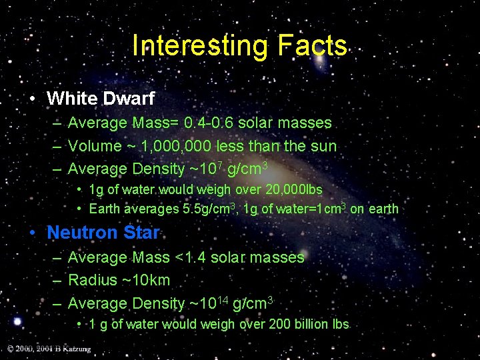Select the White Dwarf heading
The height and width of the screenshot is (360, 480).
pyautogui.click(x=100, y=99)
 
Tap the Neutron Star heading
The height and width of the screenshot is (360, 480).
pyautogui.click(x=103, y=233)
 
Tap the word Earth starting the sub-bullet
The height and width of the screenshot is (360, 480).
pyautogui.click(x=105, y=209)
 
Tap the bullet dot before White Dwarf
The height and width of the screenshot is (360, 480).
pyautogui.click(x=32, y=99)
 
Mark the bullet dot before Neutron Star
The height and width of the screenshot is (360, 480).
pyautogui.click(x=32, y=233)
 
